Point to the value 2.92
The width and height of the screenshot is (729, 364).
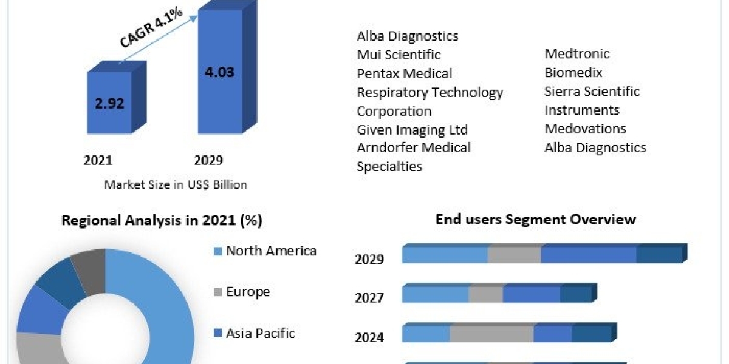110,103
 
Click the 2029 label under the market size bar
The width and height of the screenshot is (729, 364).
208,160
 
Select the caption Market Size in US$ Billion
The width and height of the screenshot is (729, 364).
176,184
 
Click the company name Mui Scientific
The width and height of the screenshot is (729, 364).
399,55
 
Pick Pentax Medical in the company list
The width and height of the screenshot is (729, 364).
404,73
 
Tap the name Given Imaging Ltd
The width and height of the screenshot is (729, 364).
412,130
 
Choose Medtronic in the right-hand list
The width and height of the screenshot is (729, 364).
577,53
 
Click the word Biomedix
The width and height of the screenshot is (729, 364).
573,73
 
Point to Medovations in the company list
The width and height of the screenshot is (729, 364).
585,129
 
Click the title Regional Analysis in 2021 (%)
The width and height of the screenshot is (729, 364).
162,220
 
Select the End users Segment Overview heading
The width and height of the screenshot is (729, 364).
535,219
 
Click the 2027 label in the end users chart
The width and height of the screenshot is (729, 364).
369,297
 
